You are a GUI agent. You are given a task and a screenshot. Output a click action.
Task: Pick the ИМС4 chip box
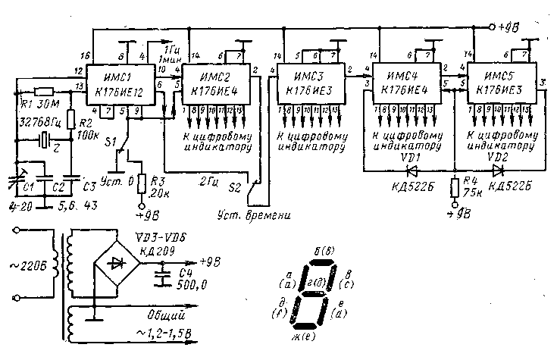coord(406,84)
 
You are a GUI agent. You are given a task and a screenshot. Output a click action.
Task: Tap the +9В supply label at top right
coord(508,28)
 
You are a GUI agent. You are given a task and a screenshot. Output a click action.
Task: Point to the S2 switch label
coord(234,184)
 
